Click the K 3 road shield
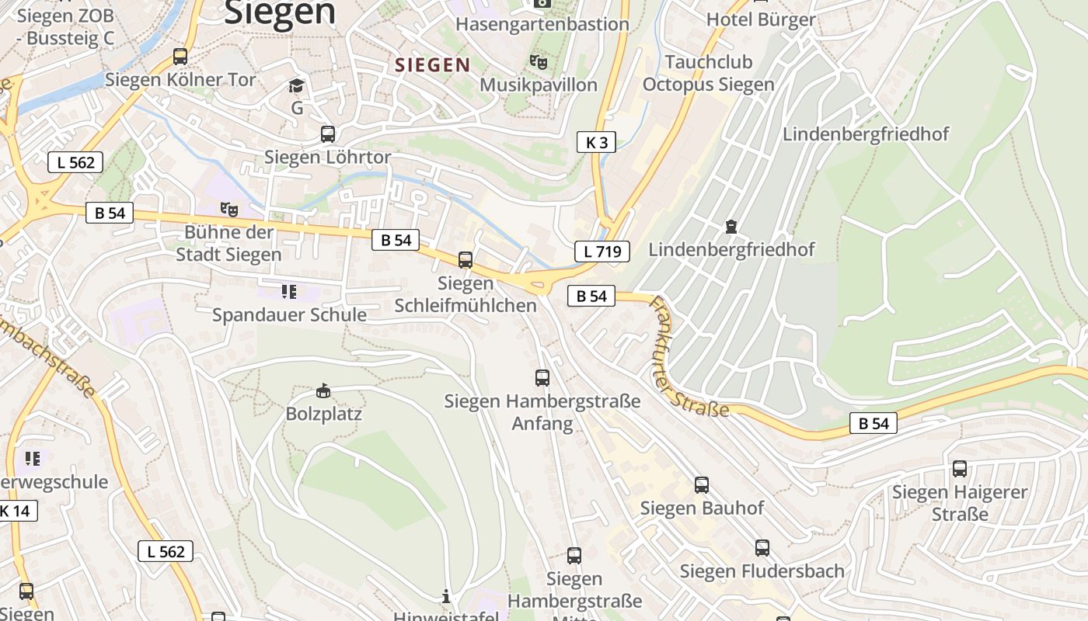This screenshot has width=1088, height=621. [x=596, y=142]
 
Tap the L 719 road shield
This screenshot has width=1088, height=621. [x=602, y=251]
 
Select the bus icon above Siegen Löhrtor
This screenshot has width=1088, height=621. [x=328, y=134]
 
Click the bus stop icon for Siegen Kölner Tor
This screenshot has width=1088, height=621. [x=180, y=56]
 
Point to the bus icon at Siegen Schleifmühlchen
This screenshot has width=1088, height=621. [x=466, y=260]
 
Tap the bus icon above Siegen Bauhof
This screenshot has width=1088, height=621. [x=702, y=485]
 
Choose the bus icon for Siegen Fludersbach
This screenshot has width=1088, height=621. [x=762, y=548]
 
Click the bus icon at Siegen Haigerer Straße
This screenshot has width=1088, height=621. [x=960, y=469]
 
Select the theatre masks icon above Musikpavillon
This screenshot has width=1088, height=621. [x=539, y=61]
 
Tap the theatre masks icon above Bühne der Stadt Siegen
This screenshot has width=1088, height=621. [x=228, y=209]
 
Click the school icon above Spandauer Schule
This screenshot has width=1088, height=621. [x=289, y=292]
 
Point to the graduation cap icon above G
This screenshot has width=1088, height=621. [x=296, y=85]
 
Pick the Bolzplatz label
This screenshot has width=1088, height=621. [x=324, y=413]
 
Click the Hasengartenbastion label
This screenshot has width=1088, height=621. [x=542, y=24]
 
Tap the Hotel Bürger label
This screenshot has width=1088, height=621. [x=761, y=20]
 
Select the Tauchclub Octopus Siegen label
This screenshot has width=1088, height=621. [x=709, y=73]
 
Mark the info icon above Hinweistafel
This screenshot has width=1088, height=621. [x=446, y=596]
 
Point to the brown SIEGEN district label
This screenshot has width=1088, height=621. [x=433, y=65]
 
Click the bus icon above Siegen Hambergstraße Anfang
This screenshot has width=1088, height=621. [x=542, y=378]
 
